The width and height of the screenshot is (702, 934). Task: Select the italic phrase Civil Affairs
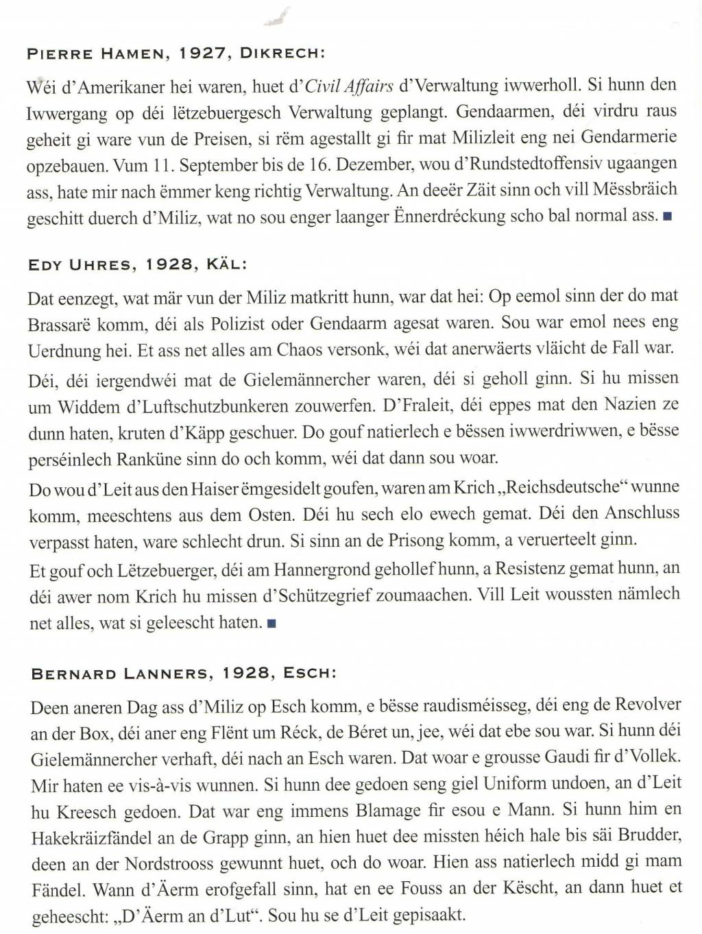pyautogui.click(x=349, y=86)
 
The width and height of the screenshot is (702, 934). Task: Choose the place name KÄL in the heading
pyautogui.click(x=224, y=265)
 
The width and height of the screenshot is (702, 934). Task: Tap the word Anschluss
pyautogui.click(x=642, y=513)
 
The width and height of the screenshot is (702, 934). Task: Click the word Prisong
pyautogui.click(x=416, y=541)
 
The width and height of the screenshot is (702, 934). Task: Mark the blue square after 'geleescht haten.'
pyautogui.click(x=271, y=624)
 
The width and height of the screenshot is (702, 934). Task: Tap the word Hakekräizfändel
pyautogui.click(x=90, y=838)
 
